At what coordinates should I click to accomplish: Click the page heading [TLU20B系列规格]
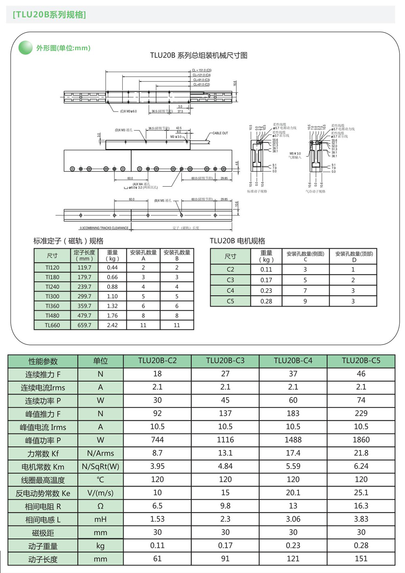(x=49, y=15)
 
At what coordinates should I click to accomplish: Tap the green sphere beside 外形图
(x=26, y=48)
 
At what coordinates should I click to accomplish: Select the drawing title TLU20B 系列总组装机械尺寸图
(x=198, y=55)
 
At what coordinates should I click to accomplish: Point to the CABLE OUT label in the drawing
(x=220, y=133)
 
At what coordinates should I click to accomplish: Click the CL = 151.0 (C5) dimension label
(x=202, y=70)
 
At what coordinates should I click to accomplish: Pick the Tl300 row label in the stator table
(x=52, y=296)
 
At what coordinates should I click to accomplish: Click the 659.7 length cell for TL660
(x=84, y=325)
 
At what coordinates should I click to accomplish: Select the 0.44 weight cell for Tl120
(x=112, y=268)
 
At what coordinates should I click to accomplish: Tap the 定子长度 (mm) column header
(x=84, y=256)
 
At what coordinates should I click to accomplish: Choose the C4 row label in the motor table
(x=230, y=291)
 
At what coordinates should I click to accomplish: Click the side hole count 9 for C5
(x=305, y=301)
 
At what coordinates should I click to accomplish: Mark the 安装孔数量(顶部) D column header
(x=354, y=256)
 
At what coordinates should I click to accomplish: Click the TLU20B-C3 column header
(x=225, y=361)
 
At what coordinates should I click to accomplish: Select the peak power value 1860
(x=361, y=440)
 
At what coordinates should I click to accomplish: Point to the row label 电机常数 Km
(x=43, y=467)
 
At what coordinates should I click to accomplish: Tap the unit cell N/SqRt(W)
(x=100, y=466)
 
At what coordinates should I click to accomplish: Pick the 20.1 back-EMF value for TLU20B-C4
(x=293, y=493)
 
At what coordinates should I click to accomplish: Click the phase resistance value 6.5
(x=157, y=506)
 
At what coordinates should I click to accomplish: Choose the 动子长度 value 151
(x=361, y=559)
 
